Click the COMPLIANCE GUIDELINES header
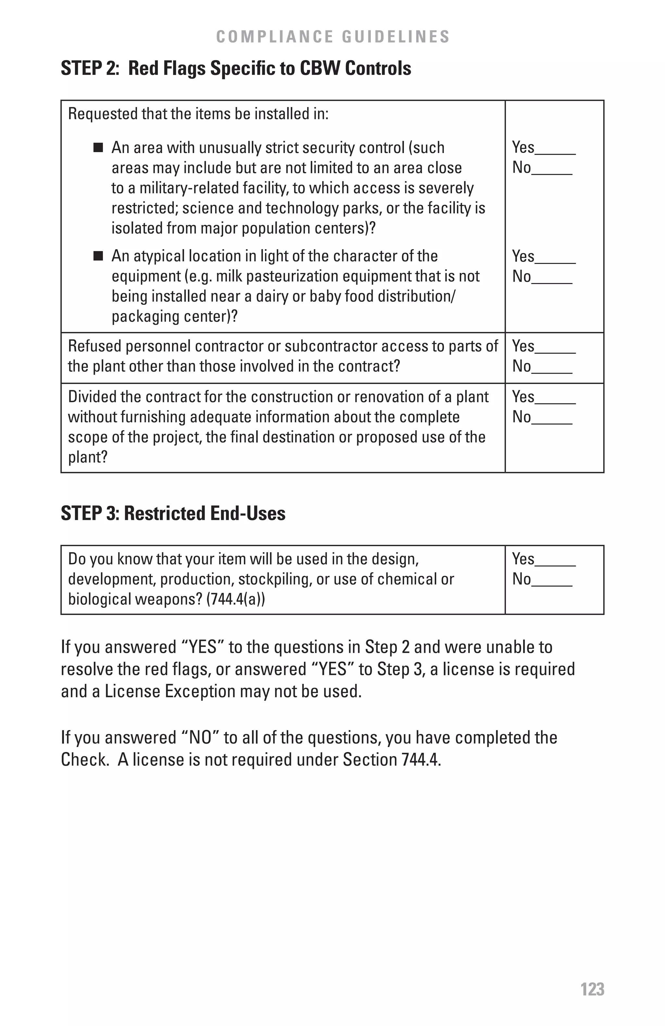pos(333,37)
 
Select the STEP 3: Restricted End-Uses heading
pos(173,513)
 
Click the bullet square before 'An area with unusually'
pos(98,148)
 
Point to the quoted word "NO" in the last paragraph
pos(200,738)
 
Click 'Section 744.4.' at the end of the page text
pos(392,759)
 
